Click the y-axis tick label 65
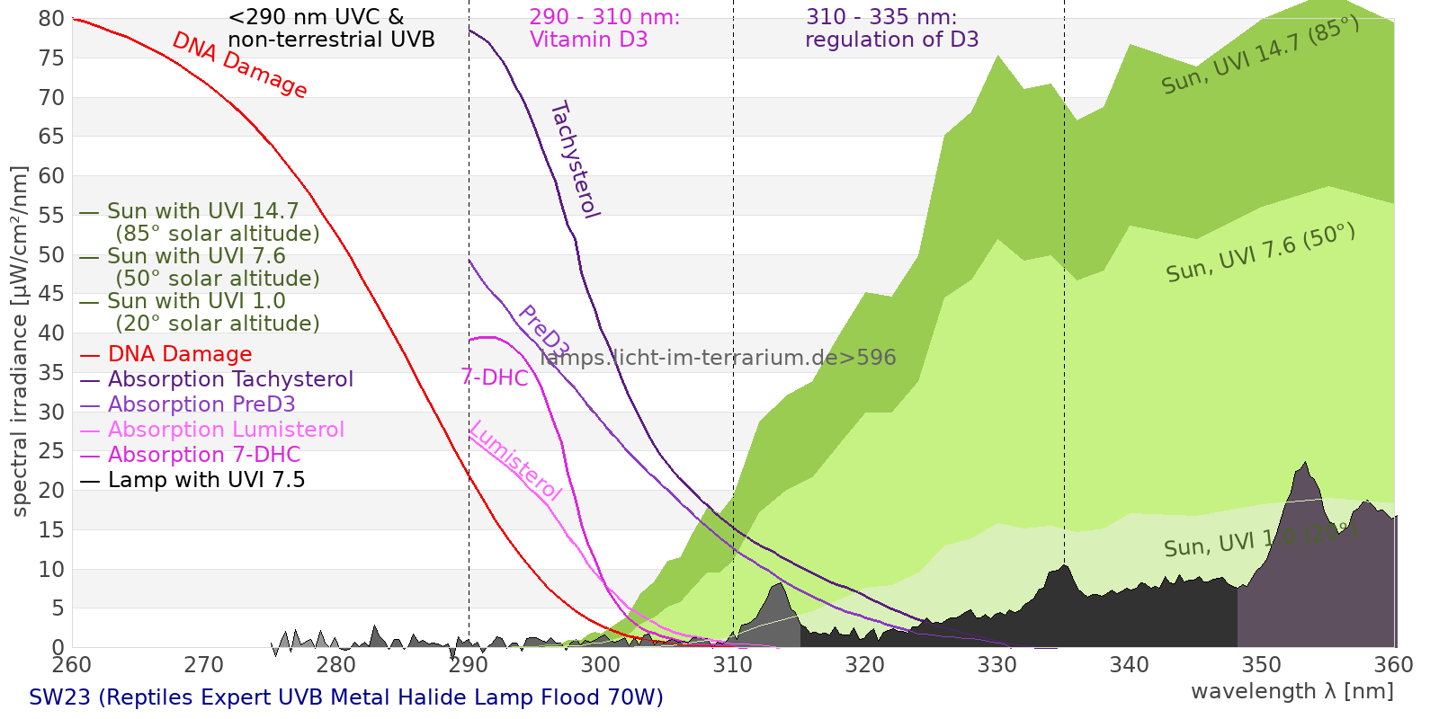point(51,137)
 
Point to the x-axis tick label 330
point(997,665)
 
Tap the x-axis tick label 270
point(204,665)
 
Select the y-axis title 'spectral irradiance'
point(20,342)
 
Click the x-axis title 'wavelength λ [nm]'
point(1292,691)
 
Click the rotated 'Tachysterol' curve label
point(574,160)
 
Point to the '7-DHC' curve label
point(495,377)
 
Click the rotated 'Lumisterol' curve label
point(515,460)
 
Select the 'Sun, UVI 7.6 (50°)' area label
point(1260,253)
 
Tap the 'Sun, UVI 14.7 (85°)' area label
point(1260,56)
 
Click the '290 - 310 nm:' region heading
point(604,17)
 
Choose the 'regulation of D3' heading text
point(891,40)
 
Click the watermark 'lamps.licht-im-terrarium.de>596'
point(718,358)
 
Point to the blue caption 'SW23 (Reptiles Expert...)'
point(346,697)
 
